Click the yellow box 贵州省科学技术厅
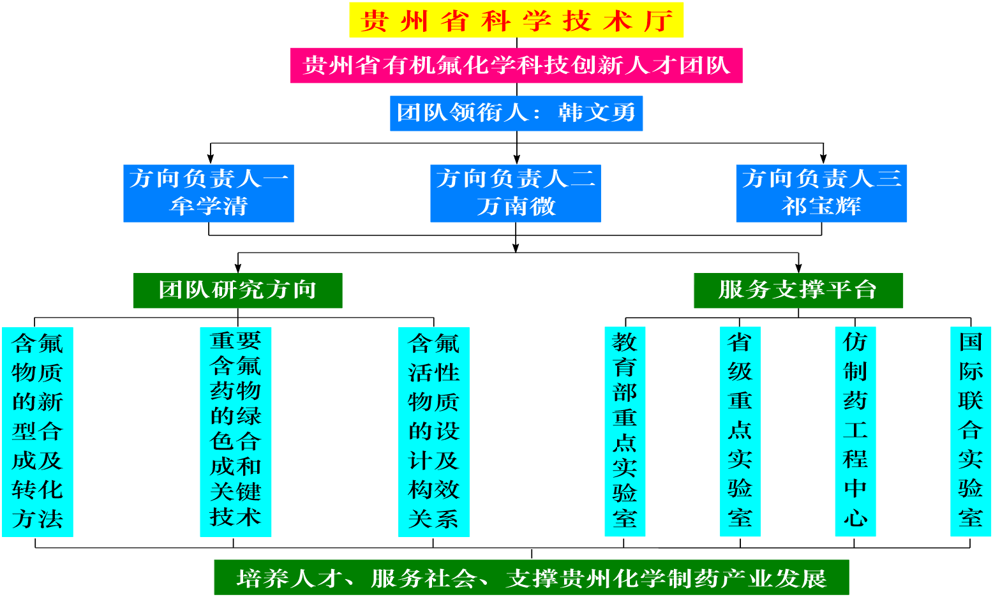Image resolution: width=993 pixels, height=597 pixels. coord(516,20)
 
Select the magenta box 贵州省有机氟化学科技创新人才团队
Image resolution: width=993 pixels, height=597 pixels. coord(516,65)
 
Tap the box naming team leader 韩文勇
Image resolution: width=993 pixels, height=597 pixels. coord(516,113)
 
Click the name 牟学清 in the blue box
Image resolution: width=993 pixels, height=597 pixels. coord(209,207)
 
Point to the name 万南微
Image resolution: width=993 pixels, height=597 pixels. coord(516,207)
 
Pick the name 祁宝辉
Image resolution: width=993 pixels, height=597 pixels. coord(821,207)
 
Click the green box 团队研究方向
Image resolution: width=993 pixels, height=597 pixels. coord(237,290)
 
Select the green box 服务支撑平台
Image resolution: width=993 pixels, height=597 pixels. coord(798,290)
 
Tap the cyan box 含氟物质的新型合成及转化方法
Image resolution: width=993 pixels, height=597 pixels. coord(38,432)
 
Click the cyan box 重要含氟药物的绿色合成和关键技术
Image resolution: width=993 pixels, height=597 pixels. coord(235,432)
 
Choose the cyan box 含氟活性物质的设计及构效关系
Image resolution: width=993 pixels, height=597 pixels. coord(434,432)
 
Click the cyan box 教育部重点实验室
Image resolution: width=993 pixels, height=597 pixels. coord(625,432)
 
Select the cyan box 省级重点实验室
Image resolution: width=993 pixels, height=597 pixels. coord(740,432)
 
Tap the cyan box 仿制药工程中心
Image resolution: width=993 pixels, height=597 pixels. coord(855,432)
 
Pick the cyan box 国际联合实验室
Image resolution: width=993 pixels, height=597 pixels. coord(970,432)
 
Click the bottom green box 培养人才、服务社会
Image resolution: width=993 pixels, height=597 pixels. coord(531,577)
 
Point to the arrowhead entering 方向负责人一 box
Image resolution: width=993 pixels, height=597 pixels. coord(211,159)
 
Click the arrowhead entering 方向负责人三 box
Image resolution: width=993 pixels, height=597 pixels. coord(823,159)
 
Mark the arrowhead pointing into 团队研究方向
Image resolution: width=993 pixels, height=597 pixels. coord(238,268)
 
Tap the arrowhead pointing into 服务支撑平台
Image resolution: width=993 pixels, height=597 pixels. coord(798,268)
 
